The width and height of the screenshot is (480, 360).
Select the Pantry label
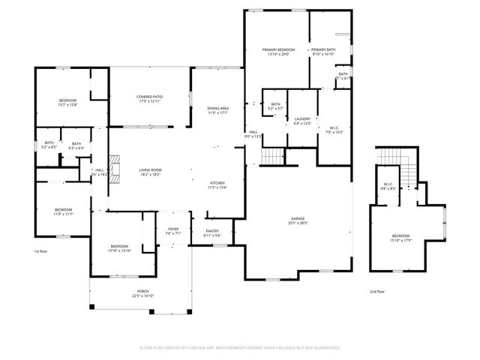click(212, 232)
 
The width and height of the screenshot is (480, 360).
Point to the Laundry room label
click(302, 118)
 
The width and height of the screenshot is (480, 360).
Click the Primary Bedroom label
click(278, 49)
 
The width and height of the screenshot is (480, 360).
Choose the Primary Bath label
click(324, 49)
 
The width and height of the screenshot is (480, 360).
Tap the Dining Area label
click(218, 109)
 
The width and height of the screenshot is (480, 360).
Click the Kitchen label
click(217, 183)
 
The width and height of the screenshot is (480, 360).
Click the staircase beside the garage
click(273, 156)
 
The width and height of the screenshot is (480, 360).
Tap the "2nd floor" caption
click(377, 291)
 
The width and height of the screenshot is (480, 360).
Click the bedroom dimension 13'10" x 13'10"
click(120, 250)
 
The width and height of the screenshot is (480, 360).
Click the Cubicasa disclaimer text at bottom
click(240, 347)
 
